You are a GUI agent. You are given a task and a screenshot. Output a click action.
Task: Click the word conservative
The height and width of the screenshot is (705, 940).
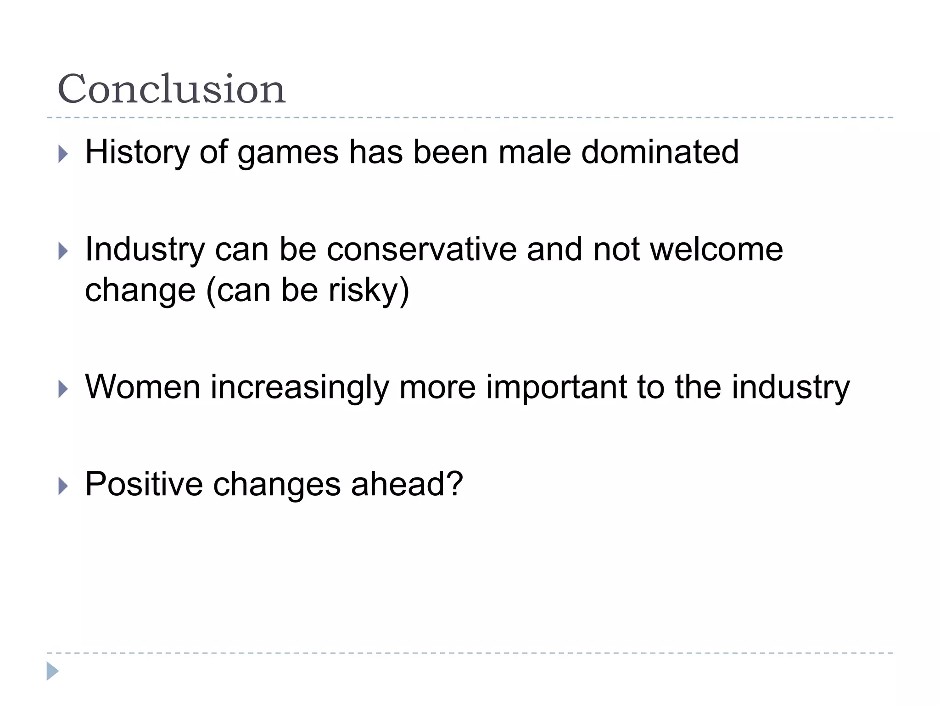tap(421, 250)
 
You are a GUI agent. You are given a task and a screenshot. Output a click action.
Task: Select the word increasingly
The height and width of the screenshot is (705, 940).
tap(299, 388)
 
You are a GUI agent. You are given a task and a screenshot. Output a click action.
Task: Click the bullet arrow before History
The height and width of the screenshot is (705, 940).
tap(63, 154)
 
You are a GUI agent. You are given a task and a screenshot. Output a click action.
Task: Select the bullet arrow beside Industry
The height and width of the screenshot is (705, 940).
tap(63, 251)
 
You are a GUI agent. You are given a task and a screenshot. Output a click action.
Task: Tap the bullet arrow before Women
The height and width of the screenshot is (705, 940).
tap(63, 389)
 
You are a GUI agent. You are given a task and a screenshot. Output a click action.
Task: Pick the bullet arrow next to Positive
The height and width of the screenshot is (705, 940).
tap(63, 486)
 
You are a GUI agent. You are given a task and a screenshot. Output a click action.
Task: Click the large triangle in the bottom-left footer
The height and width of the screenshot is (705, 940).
tap(52, 671)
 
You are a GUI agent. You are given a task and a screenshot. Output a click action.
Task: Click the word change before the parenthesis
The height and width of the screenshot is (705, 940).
tap(140, 291)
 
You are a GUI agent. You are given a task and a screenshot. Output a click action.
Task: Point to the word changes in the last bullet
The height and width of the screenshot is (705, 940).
tap(277, 485)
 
